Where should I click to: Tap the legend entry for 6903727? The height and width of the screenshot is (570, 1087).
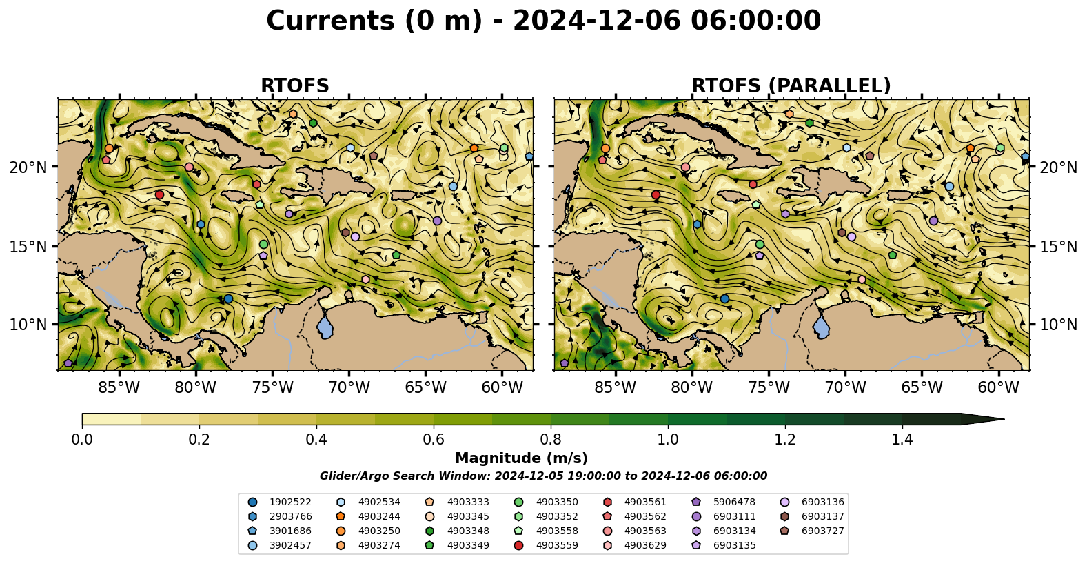[812, 531]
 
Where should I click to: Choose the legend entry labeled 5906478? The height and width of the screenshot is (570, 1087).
[724, 502]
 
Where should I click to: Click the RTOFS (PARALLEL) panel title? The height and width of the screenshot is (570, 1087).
[791, 85]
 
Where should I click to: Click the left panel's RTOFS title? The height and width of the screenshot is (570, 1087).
[295, 85]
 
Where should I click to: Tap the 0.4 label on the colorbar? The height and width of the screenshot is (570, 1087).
[316, 440]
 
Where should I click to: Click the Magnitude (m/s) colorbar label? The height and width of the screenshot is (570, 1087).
[521, 458]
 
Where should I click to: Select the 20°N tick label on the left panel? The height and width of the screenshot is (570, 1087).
[28, 167]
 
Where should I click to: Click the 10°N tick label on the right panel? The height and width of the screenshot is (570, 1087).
[1058, 324]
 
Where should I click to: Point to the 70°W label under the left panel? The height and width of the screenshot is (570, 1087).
[349, 387]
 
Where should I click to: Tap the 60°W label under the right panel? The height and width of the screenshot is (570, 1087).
[998, 387]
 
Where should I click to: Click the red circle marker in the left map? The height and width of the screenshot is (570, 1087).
[160, 194]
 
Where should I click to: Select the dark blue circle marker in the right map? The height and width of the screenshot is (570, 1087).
[724, 299]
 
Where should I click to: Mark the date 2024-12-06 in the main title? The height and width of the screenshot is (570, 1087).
[596, 21]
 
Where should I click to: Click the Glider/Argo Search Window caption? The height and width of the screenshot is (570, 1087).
[543, 476]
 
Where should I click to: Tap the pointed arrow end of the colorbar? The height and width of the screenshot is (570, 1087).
[1004, 419]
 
